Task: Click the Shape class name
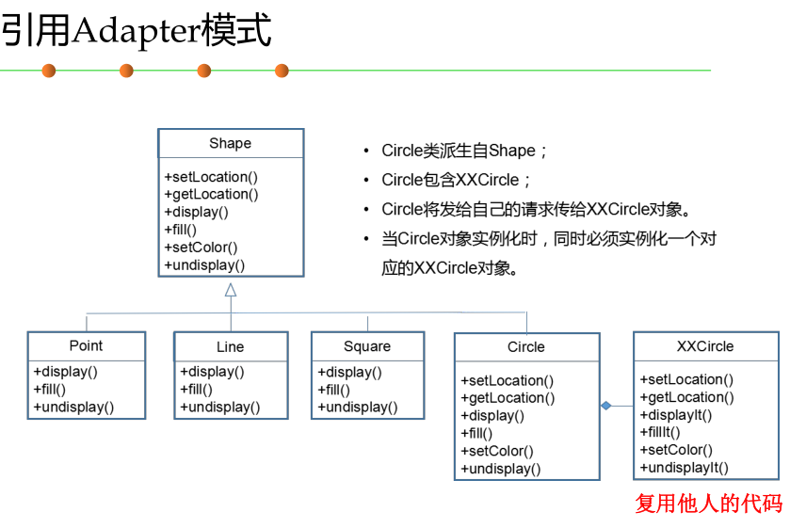pos(230,143)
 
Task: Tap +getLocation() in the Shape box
pos(211,194)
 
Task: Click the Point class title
pos(86,345)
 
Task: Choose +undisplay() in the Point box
pos(73,407)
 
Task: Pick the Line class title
pos(230,346)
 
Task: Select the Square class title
pos(366,346)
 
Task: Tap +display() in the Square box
pos(349,372)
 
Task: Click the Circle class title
pos(525,346)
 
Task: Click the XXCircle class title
pos(704,345)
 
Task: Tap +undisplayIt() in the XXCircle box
pos(684,468)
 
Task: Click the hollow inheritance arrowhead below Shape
pos(231,290)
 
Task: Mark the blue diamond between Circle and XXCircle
pos(606,406)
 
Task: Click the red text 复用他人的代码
pos(708,504)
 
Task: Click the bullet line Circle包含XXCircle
pos(457,180)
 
